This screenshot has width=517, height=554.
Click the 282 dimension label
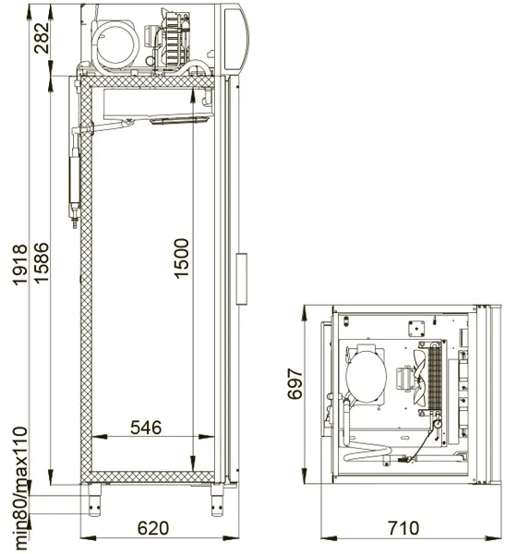click(42, 38)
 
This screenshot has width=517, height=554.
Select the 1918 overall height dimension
click(20, 264)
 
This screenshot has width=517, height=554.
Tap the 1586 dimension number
click(42, 262)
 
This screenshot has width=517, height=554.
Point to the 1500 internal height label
click(182, 259)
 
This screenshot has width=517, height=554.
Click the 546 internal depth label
click(146, 428)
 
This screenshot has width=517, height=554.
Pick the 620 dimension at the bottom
click(153, 528)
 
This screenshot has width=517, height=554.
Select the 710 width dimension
click(403, 528)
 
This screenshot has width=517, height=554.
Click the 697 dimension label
click(295, 384)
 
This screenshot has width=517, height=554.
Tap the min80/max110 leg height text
click(20, 488)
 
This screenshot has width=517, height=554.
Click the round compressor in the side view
click(115, 45)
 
